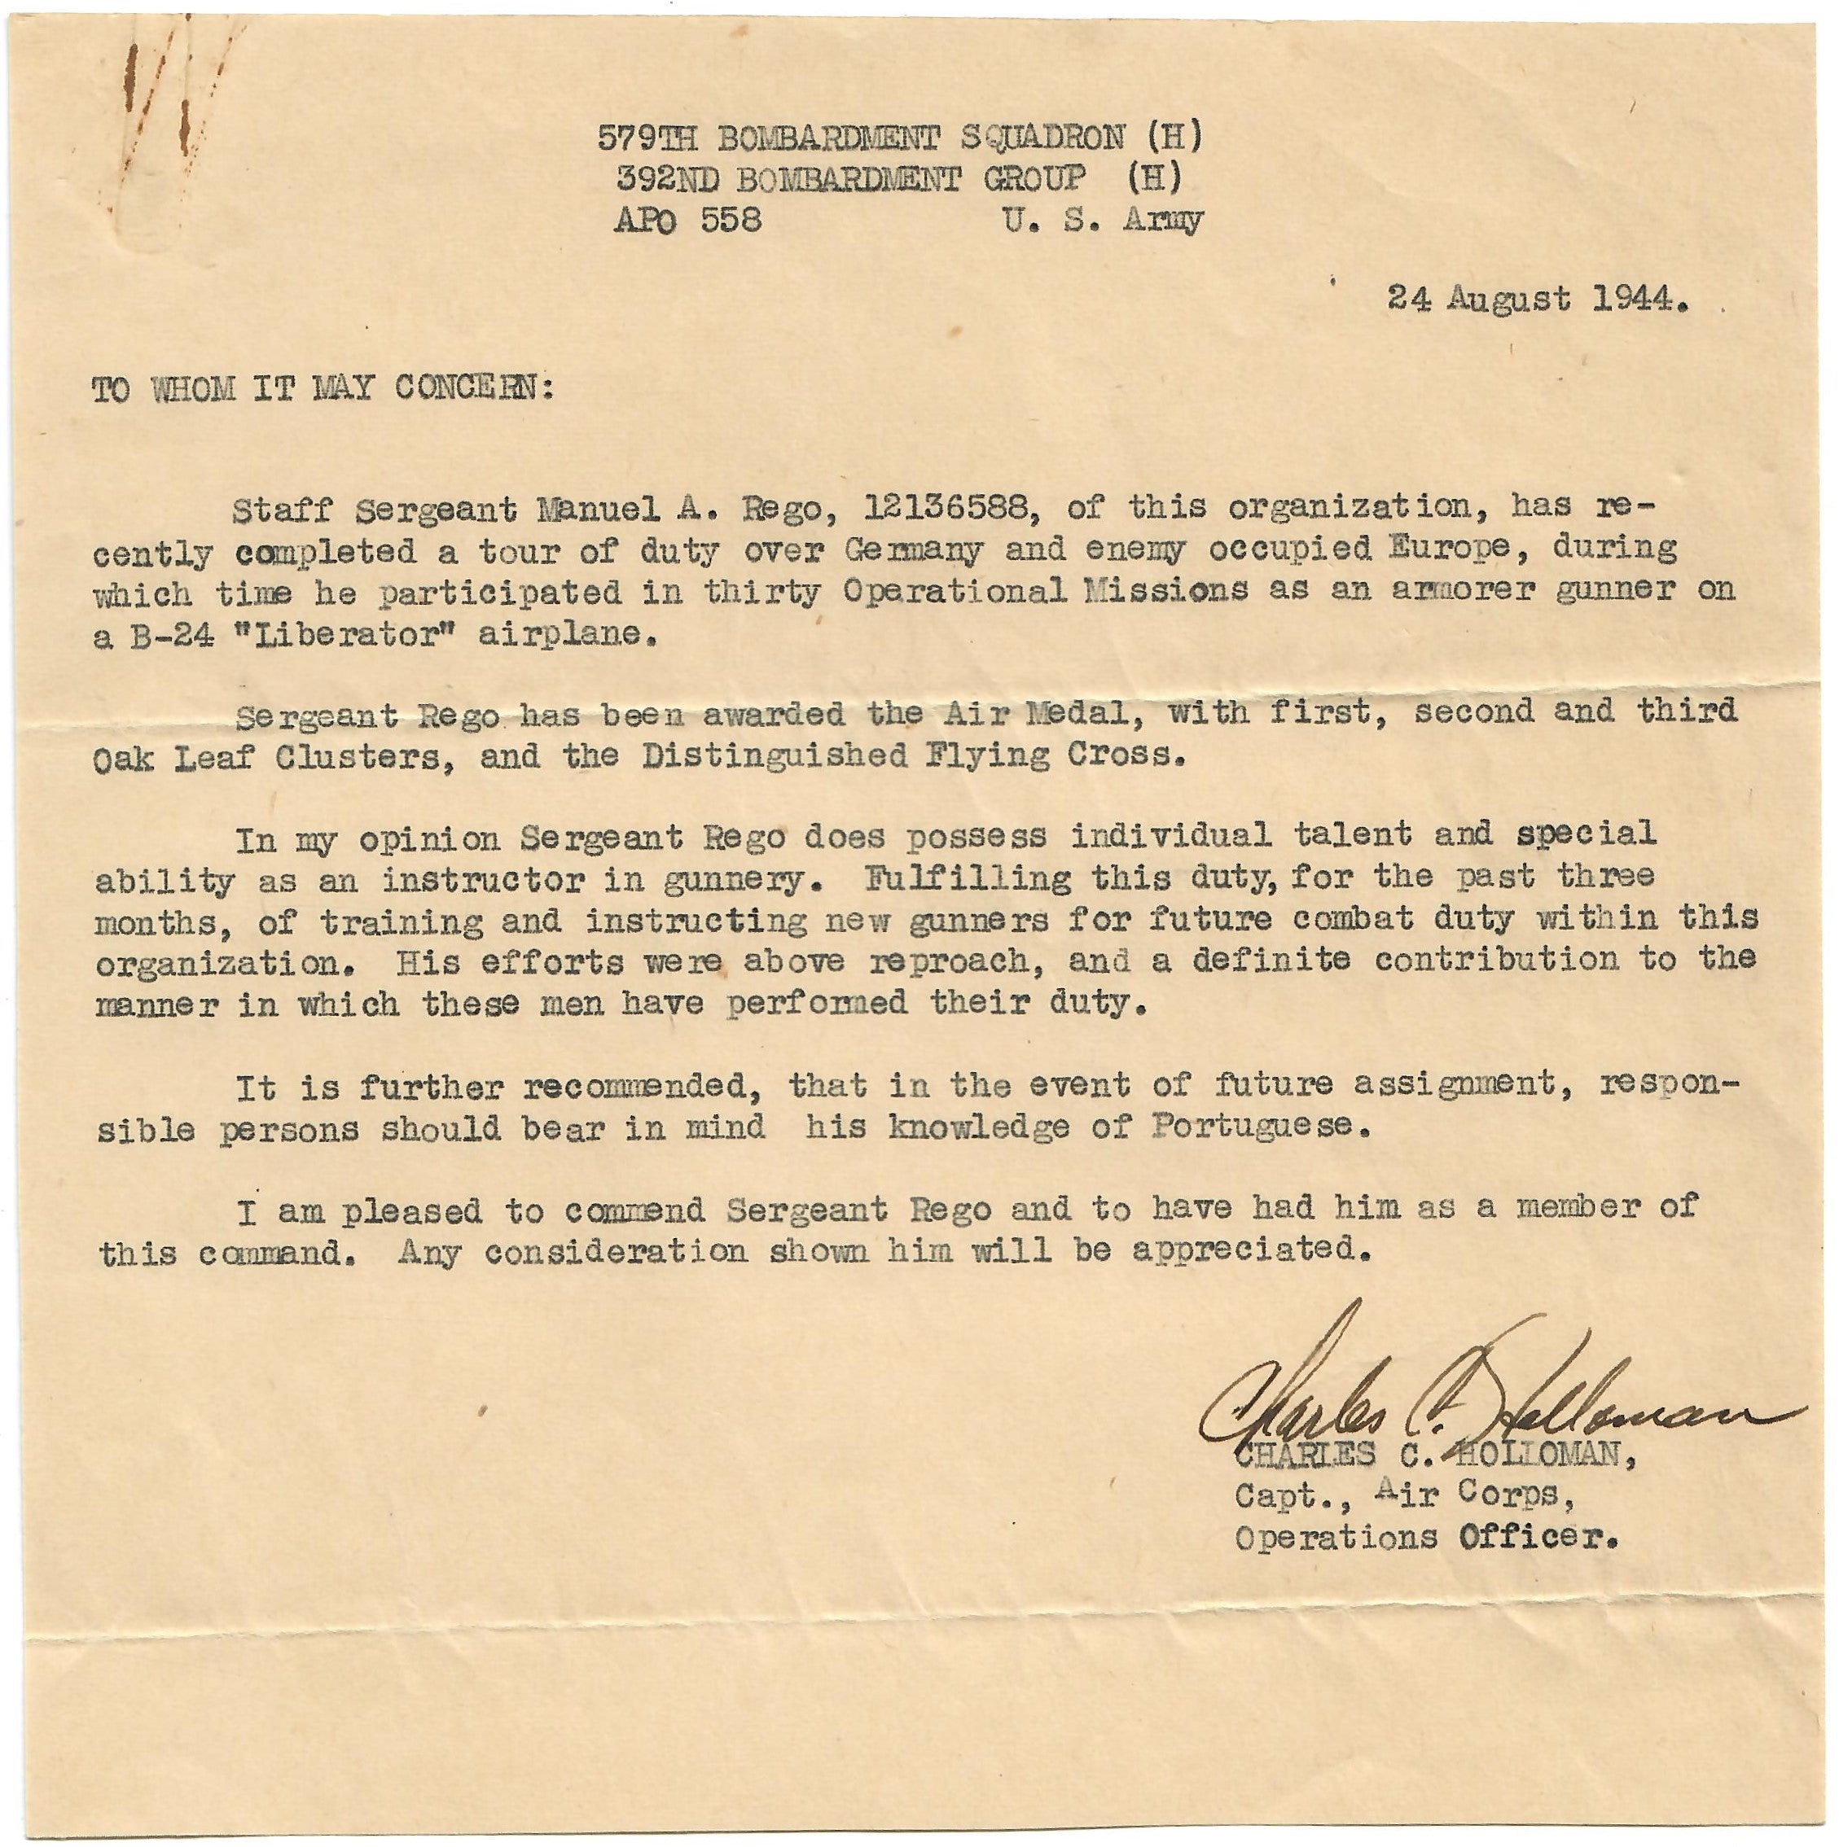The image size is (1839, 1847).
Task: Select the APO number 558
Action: (731, 221)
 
